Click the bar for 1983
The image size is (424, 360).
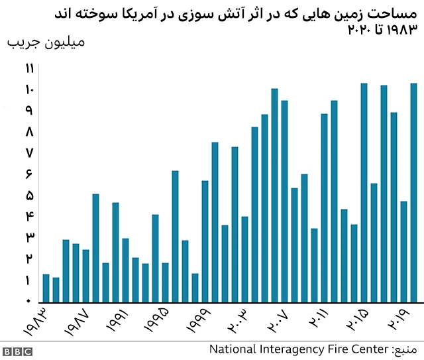tap(46, 288)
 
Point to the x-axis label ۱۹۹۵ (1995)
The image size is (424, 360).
tap(158, 322)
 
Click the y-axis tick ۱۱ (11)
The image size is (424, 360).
tap(29, 68)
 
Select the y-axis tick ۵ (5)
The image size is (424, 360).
tap(29, 196)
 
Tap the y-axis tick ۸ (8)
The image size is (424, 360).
tap(29, 132)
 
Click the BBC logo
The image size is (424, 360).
tap(18, 351)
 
